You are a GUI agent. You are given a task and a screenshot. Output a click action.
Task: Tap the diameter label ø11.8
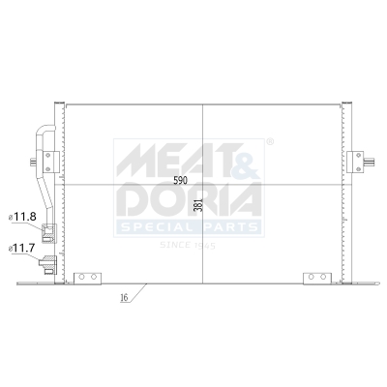tap(23, 217)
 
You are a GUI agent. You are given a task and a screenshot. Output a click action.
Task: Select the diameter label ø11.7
tap(23, 249)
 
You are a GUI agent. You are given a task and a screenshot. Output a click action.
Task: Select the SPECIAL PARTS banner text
tap(190, 227)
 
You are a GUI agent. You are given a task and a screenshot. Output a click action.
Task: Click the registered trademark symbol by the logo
tap(269, 142)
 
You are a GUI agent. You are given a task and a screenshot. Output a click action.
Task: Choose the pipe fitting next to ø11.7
tap(47, 261)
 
